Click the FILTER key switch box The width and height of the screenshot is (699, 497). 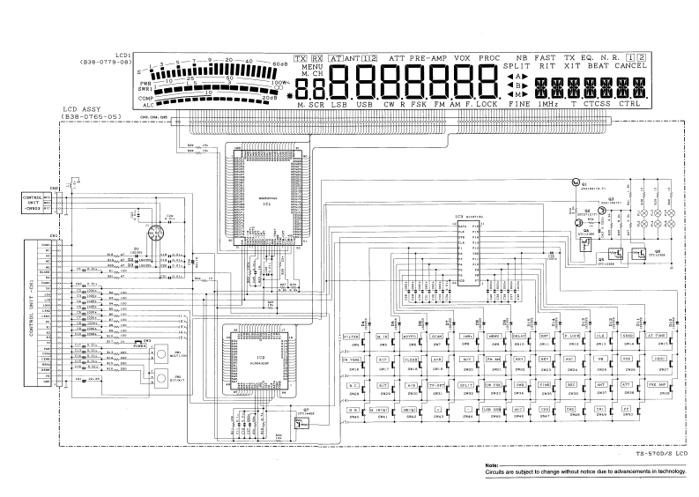[351, 337]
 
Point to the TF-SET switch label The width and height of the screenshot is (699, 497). [435, 385]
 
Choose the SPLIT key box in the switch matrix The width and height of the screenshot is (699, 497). [464, 385]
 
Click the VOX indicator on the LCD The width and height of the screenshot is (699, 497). [463, 58]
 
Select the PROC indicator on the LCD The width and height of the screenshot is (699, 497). [490, 58]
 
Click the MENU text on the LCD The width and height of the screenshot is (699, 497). [312, 67]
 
